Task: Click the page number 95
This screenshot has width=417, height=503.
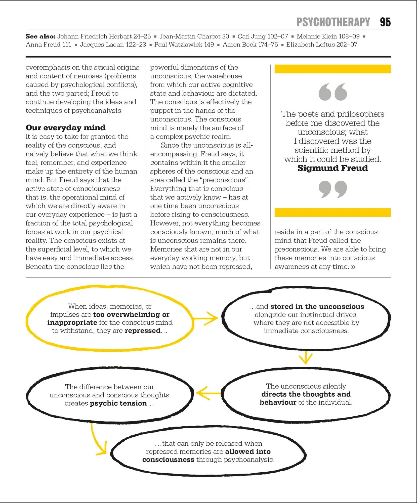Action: pos(385,22)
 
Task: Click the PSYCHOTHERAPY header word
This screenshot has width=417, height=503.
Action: pos(333,22)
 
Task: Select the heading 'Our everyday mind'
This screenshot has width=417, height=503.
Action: pos(66,128)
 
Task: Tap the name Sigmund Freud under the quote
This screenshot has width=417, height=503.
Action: pos(332,168)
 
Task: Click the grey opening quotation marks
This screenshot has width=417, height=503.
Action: pos(332,92)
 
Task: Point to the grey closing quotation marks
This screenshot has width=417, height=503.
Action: pos(332,189)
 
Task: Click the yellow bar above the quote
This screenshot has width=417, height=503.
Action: pos(332,69)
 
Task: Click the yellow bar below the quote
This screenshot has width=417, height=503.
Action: pos(332,213)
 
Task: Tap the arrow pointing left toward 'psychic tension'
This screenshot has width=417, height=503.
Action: pos(208,393)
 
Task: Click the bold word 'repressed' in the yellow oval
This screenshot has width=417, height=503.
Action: pos(142,330)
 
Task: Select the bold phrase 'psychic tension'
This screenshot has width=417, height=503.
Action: pos(118,403)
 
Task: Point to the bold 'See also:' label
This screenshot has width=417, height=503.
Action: pos(40,36)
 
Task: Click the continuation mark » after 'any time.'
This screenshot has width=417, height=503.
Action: pos(353,267)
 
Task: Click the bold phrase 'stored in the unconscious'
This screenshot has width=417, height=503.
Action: pos(317,307)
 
